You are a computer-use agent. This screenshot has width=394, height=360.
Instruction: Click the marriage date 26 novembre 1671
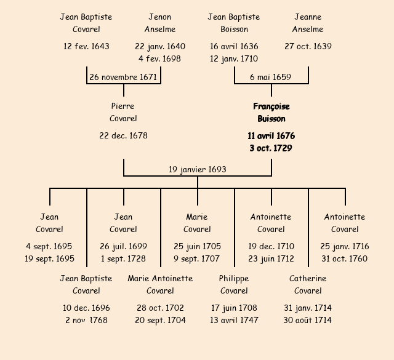[123, 78]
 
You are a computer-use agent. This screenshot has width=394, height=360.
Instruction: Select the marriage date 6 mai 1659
[271, 78]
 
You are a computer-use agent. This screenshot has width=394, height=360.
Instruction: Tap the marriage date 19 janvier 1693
[197, 169]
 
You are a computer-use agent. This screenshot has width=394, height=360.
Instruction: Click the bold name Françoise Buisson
[271, 113]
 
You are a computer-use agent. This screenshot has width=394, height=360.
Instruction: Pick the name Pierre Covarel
[123, 113]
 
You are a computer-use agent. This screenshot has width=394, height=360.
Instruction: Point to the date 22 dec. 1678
[123, 135]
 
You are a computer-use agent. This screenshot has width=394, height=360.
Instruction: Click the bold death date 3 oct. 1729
[271, 148]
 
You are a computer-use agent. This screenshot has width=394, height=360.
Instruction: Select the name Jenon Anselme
[160, 23]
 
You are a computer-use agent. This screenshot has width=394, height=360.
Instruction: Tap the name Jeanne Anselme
[308, 23]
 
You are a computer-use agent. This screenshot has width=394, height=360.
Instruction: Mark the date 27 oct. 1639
[308, 47]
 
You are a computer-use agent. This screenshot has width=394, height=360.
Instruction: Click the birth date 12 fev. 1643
[86, 47]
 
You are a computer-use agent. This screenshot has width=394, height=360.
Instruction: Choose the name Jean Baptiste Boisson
[234, 23]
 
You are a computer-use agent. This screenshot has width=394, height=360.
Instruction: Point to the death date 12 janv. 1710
[234, 59]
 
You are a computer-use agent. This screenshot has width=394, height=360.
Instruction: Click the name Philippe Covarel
[234, 285]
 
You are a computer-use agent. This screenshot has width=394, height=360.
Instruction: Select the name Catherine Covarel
[308, 285]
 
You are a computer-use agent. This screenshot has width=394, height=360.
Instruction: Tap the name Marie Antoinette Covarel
[160, 285]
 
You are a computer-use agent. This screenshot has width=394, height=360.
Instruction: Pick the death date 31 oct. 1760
[345, 259]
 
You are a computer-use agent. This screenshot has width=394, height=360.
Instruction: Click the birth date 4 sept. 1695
[49, 247]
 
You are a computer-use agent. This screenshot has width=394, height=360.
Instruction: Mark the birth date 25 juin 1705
[197, 247]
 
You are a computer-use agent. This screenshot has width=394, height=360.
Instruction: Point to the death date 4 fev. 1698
[160, 59]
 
